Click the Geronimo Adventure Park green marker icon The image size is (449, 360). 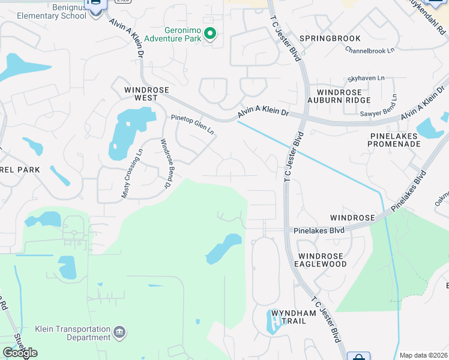pyautogui.click(x=209, y=34)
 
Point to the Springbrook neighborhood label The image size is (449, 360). pyautogui.click(x=330, y=38)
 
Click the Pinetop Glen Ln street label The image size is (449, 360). pyautogui.click(x=193, y=125)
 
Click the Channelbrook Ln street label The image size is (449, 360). pyautogui.click(x=370, y=51)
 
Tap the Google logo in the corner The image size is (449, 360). pyautogui.click(x=19, y=353)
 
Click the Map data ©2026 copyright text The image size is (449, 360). pyautogui.click(x=424, y=355)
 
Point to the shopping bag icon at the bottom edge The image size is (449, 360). pyautogui.click(x=358, y=356)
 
